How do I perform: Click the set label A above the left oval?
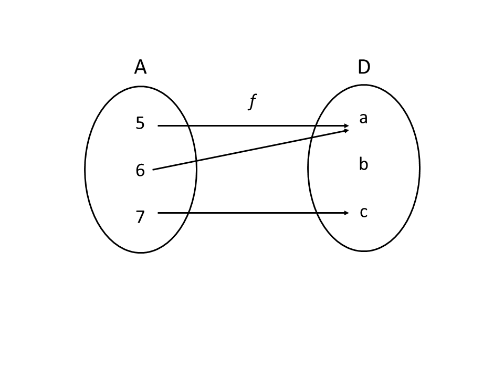click(x=140, y=67)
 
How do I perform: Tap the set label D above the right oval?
click(x=364, y=67)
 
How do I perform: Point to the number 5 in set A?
click(x=140, y=123)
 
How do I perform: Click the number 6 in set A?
click(x=140, y=170)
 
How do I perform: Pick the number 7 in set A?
click(x=140, y=216)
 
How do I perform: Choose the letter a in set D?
click(x=363, y=119)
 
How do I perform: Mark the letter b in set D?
click(x=363, y=165)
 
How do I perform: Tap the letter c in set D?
click(x=363, y=212)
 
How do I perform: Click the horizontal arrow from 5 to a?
click(x=252, y=126)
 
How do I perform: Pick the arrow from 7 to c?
click(x=252, y=213)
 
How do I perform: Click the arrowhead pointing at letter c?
click(x=346, y=213)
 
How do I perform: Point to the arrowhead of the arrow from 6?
click(x=346, y=130)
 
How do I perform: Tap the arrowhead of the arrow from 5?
click(x=346, y=126)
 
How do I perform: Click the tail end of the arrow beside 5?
click(x=159, y=126)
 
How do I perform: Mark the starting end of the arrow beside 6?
click(x=153, y=170)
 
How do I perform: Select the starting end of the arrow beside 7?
click(x=159, y=213)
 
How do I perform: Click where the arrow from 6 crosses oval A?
click(x=196, y=161)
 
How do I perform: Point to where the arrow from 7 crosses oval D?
click(x=318, y=213)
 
